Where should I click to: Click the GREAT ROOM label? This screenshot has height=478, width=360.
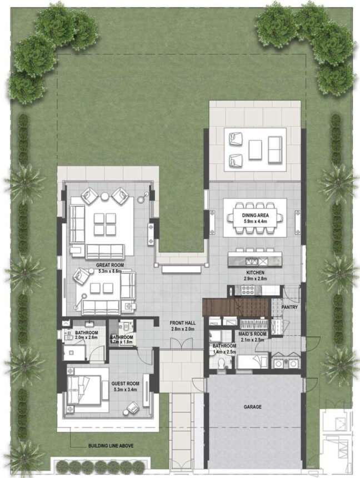pos(109,265)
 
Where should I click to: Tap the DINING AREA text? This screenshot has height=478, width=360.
pos(255,215)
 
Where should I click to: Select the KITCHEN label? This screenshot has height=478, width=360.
pos(255,273)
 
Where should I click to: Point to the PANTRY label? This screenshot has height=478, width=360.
pos(289,307)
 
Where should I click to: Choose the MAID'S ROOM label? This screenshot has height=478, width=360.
pos(253,334)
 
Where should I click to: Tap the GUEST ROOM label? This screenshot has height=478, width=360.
pos(125,383)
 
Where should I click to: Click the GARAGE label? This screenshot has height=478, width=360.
pos(252,407)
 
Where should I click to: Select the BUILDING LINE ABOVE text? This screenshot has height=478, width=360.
pos(111,446)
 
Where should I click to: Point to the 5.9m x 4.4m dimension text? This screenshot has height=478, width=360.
pos(255,221)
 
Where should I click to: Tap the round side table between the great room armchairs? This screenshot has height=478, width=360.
pos(105,196)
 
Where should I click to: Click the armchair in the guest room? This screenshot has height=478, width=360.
pos(134,407)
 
